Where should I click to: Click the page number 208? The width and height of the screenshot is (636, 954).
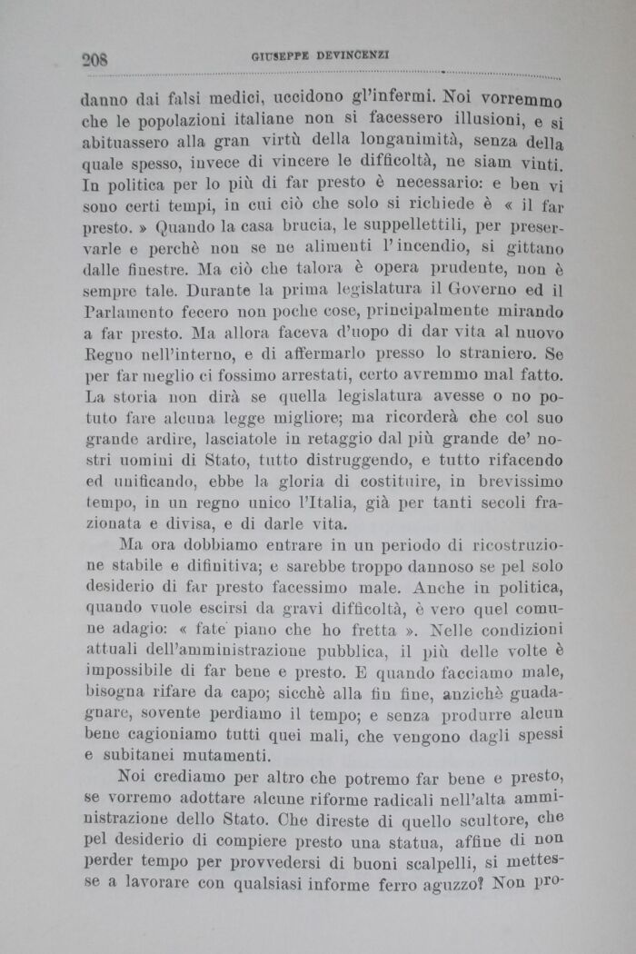coord(94,60)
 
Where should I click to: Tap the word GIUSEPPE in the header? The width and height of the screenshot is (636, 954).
coord(279,56)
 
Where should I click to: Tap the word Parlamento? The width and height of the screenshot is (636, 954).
coord(126,312)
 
